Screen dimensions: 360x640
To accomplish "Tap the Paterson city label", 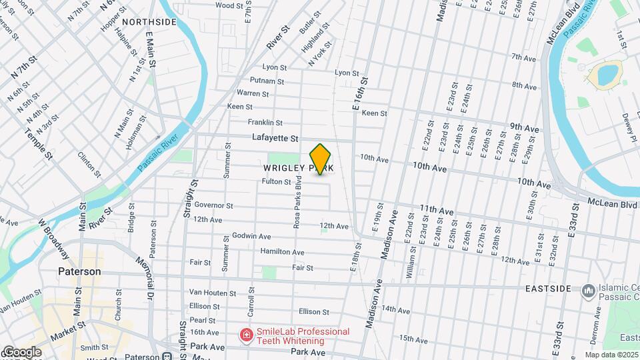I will click(79, 272).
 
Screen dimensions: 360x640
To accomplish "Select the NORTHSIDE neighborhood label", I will click(149, 22).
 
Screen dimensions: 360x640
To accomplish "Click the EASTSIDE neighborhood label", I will click(548, 289).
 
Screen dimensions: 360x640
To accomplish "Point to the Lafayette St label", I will click(275, 138).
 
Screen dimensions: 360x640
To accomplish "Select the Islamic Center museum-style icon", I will click(588, 291).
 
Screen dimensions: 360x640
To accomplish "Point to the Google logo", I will click(21, 351).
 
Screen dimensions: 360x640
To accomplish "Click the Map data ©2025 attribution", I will click(611, 355).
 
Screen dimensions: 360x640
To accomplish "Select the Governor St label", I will click(213, 206).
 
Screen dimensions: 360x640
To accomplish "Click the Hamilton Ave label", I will click(282, 252).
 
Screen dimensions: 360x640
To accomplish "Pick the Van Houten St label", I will click(213, 292).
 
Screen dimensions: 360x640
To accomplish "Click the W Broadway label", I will click(53, 239).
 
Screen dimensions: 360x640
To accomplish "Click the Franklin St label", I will click(265, 123).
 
